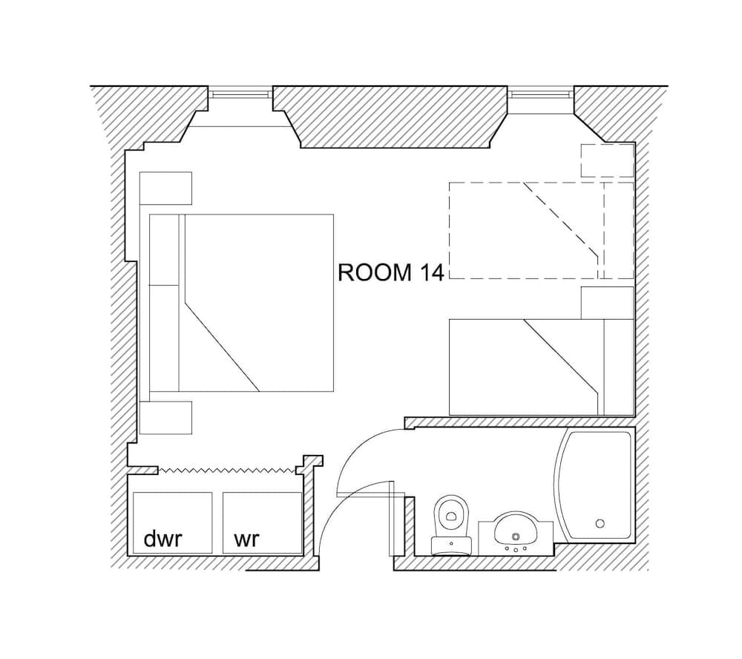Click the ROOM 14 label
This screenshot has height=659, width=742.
pos(390,272)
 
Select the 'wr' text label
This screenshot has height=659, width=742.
pos(246,539)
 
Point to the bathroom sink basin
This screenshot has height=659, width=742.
pos(515,529)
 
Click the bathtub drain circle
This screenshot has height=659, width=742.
pos(600,523)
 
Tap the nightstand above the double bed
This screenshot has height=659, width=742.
pos(166,188)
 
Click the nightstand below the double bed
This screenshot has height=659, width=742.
pos(166,418)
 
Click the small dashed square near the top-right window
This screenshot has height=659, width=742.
pos(607,161)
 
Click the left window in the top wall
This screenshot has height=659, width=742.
pos(239,94)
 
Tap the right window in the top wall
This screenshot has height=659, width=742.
pos(542,94)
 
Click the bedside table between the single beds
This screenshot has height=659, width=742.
pos(607,302)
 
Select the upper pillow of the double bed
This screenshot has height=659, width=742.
pos(165,249)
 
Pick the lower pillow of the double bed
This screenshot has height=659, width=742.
pos(165,338)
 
